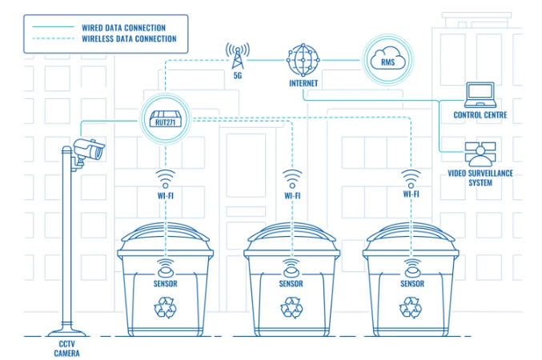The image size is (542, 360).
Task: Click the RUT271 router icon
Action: [166, 120]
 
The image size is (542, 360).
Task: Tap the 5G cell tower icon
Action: [237, 56]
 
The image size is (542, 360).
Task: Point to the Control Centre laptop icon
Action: [480, 94]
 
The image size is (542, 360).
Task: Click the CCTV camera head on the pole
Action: [87, 150]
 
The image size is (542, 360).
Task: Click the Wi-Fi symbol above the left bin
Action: [166, 177]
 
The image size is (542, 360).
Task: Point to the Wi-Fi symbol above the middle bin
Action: [292, 177]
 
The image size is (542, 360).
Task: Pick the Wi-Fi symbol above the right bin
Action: [412, 177]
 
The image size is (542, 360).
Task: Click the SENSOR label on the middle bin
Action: [291, 284]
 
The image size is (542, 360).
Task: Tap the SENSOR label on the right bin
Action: [412, 284]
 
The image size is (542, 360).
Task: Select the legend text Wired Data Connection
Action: [124, 27]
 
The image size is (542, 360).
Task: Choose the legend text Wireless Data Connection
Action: [129, 38]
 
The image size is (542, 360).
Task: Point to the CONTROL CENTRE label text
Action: [480, 115]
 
